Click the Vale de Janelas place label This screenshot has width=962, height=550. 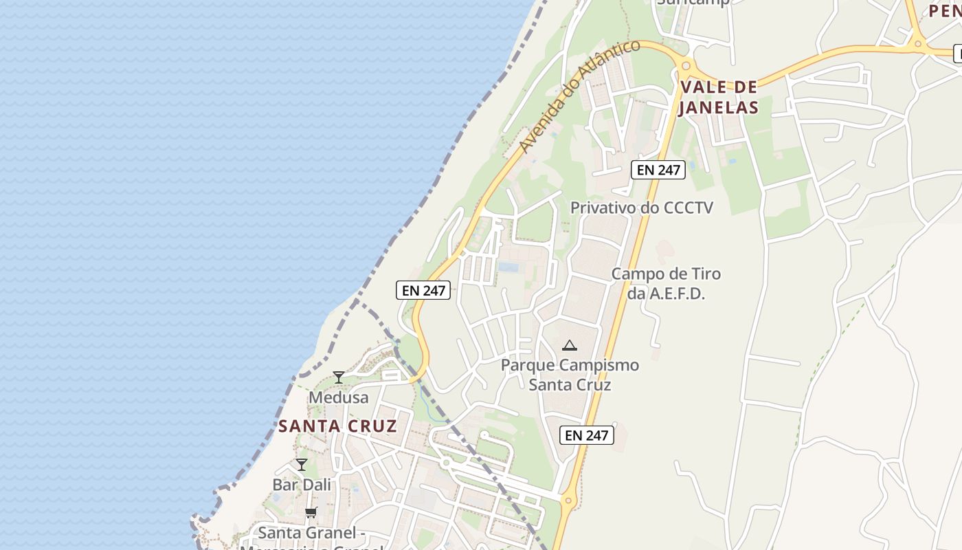tap(719, 97)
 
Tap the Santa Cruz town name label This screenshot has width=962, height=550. tap(337, 426)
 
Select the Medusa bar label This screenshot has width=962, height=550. tap(338, 397)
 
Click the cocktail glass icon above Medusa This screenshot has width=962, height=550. tap(338, 377)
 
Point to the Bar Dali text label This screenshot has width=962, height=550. tap(302, 484)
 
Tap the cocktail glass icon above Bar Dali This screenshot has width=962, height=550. tap(301, 464)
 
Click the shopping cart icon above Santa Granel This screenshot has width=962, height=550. tap(311, 512)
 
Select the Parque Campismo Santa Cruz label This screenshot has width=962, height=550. tap(570, 375)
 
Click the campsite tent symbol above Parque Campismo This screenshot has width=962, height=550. tap(569, 345)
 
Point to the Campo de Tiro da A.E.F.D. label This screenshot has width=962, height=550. tap(666, 283)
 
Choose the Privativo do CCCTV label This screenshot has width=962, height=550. tap(642, 208)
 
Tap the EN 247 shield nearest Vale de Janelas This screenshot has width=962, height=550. tap(658, 170)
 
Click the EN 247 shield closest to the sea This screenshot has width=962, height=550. tap(423, 291)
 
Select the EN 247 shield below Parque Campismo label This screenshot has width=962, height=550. tap(586, 435)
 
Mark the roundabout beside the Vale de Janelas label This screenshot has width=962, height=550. tap(684, 66)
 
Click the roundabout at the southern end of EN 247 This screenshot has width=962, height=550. tap(568, 500)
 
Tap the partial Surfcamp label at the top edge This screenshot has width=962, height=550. tap(692, 3)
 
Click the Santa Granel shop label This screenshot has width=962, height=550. tap(307, 533)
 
